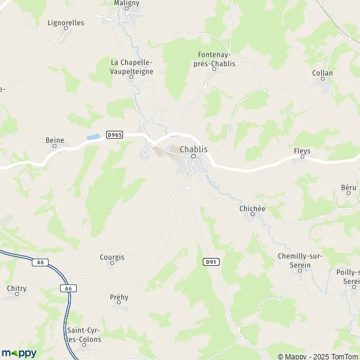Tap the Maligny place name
(126, 3)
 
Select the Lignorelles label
(65, 23)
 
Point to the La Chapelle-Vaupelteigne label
(132, 67)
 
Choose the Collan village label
(322, 73)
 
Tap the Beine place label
(55, 140)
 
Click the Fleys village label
(302, 151)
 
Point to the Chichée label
(252, 208)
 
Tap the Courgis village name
(112, 257)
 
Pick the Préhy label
(119, 297)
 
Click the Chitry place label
(16, 288)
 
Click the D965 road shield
(115, 135)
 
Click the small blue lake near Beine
(92, 137)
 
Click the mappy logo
(19, 353)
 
